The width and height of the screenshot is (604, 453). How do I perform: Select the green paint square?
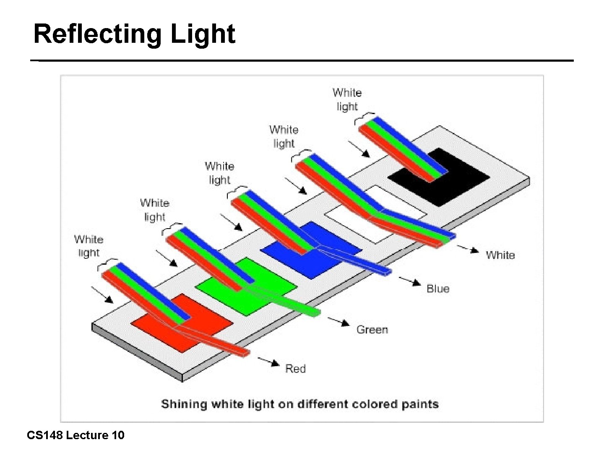click(235, 294)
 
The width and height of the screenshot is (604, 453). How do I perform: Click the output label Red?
click(295, 369)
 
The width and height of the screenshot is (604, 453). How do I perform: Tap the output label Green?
click(372, 330)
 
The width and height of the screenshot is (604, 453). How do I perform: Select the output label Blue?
click(437, 289)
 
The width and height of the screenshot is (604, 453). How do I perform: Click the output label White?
click(500, 255)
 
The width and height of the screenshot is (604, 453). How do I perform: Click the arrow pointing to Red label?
click(269, 361)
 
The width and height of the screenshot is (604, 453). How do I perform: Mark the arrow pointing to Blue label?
click(410, 281)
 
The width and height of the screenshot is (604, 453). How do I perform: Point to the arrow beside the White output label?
click(468, 249)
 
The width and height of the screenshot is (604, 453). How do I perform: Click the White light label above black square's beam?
click(347, 99)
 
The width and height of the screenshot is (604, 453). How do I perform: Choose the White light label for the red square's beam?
click(89, 246)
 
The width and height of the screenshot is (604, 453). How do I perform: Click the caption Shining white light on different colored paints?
click(300, 404)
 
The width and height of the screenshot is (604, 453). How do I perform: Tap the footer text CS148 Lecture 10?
click(75, 435)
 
